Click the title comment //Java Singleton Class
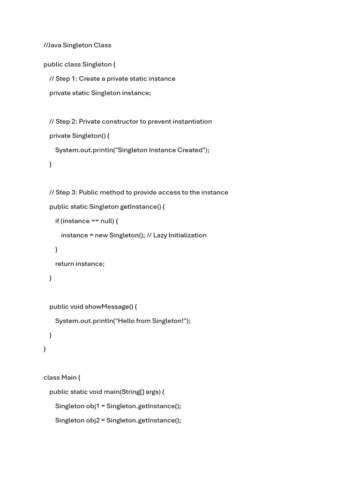(x=77, y=45)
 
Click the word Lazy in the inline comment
(x=161, y=235)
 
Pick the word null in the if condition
(x=107, y=221)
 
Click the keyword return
(x=64, y=264)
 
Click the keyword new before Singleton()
(x=101, y=235)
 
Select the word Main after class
(x=68, y=378)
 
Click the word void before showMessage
(x=76, y=307)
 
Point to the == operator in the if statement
(x=95, y=221)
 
